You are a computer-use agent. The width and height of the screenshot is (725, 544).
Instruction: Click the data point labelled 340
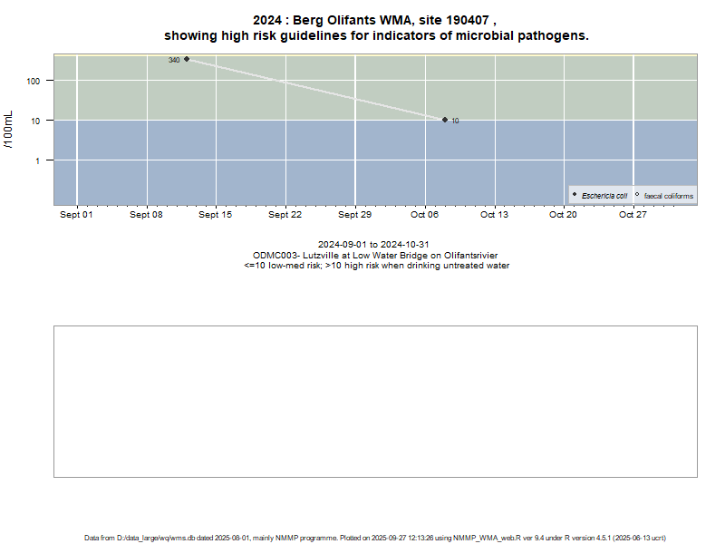[187, 59]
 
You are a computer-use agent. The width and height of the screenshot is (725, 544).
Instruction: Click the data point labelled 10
[445, 120]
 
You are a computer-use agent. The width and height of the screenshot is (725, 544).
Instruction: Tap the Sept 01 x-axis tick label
[77, 215]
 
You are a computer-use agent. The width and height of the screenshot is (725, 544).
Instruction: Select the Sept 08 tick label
[146, 215]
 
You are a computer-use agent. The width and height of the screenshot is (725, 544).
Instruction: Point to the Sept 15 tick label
[216, 215]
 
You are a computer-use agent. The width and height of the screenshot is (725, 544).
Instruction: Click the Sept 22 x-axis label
[285, 215]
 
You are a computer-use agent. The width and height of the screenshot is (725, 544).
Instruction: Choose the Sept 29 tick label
[354, 215]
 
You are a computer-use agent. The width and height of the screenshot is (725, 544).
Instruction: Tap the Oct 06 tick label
[424, 215]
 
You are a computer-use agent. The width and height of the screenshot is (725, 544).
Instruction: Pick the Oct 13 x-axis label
[494, 215]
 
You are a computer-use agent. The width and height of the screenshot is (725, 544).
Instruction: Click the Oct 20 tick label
[563, 215]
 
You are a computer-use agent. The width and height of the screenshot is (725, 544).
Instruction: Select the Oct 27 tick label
[633, 215]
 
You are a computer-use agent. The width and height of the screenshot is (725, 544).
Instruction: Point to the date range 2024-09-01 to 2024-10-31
[373, 245]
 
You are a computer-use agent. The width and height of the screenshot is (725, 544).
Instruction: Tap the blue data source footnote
[376, 538]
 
